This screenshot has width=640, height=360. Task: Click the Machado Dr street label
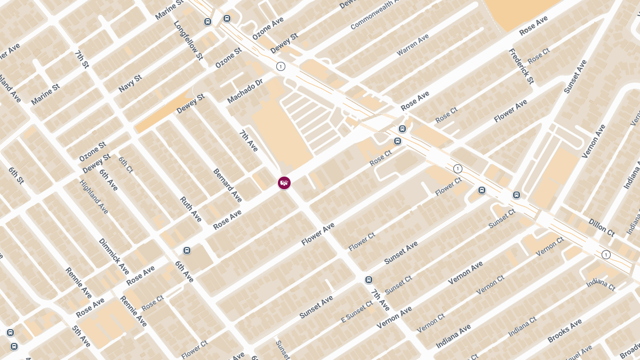click(x=245, y=92)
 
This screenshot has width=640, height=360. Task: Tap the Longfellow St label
click(x=188, y=40)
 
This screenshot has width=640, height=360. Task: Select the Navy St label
click(x=130, y=83)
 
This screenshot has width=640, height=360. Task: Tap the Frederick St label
click(x=521, y=66)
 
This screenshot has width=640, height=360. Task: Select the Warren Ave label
click(x=413, y=45)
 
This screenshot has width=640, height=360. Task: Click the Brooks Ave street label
click(x=565, y=331)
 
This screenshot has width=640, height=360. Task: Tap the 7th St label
click(x=82, y=59)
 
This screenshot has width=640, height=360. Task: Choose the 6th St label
click(x=16, y=175)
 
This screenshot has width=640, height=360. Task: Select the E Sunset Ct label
click(x=357, y=312)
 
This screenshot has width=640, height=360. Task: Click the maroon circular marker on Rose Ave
click(x=284, y=183)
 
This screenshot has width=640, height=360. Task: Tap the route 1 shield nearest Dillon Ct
click(x=606, y=254)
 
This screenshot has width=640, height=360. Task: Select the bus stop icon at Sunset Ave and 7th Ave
click(x=369, y=279)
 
